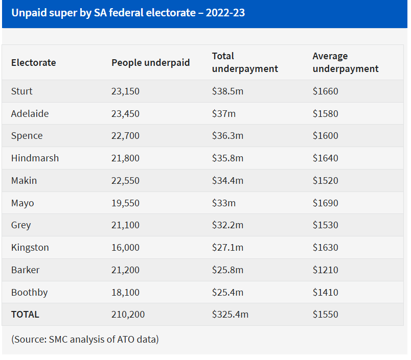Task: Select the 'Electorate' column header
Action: click(33, 63)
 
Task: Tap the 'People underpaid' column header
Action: click(150, 63)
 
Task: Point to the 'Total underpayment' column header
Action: click(245, 62)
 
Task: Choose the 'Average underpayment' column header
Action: click(345, 62)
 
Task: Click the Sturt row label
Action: click(21, 91)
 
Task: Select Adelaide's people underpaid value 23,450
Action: click(125, 114)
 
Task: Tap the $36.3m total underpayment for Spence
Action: click(227, 136)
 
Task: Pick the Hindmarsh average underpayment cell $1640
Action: click(325, 158)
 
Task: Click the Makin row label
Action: click(24, 181)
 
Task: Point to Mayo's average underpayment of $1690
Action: click(325, 203)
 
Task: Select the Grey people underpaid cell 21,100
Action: click(125, 225)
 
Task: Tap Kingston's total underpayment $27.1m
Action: click(227, 248)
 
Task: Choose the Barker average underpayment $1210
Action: click(325, 270)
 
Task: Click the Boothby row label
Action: click(29, 293)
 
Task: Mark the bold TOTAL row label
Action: click(25, 315)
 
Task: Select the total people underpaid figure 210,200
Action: click(128, 315)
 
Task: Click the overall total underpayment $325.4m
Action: click(230, 315)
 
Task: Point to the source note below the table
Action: click(85, 339)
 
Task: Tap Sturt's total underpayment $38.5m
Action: click(227, 91)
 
